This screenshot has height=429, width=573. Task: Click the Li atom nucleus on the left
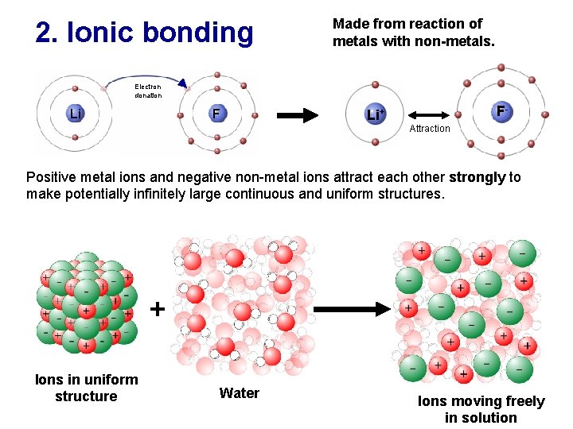click(x=75, y=114)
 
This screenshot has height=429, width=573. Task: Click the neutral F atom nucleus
click(x=216, y=114)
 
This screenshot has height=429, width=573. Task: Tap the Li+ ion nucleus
click(x=375, y=114)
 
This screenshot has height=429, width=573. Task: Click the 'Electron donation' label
click(x=148, y=91)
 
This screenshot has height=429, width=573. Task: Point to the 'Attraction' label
click(x=430, y=129)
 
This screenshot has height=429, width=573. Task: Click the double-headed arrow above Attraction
click(x=430, y=115)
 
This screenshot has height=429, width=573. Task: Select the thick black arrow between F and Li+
click(x=297, y=115)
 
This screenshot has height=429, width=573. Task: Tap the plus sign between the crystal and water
click(x=158, y=308)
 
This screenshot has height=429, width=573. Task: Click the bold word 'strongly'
click(x=477, y=177)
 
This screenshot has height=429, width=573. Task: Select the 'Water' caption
click(x=240, y=393)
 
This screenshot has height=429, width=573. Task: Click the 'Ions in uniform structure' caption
click(x=86, y=388)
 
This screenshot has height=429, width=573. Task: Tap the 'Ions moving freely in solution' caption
click(x=481, y=409)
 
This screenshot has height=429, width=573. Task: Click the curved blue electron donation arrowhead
click(x=183, y=83)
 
